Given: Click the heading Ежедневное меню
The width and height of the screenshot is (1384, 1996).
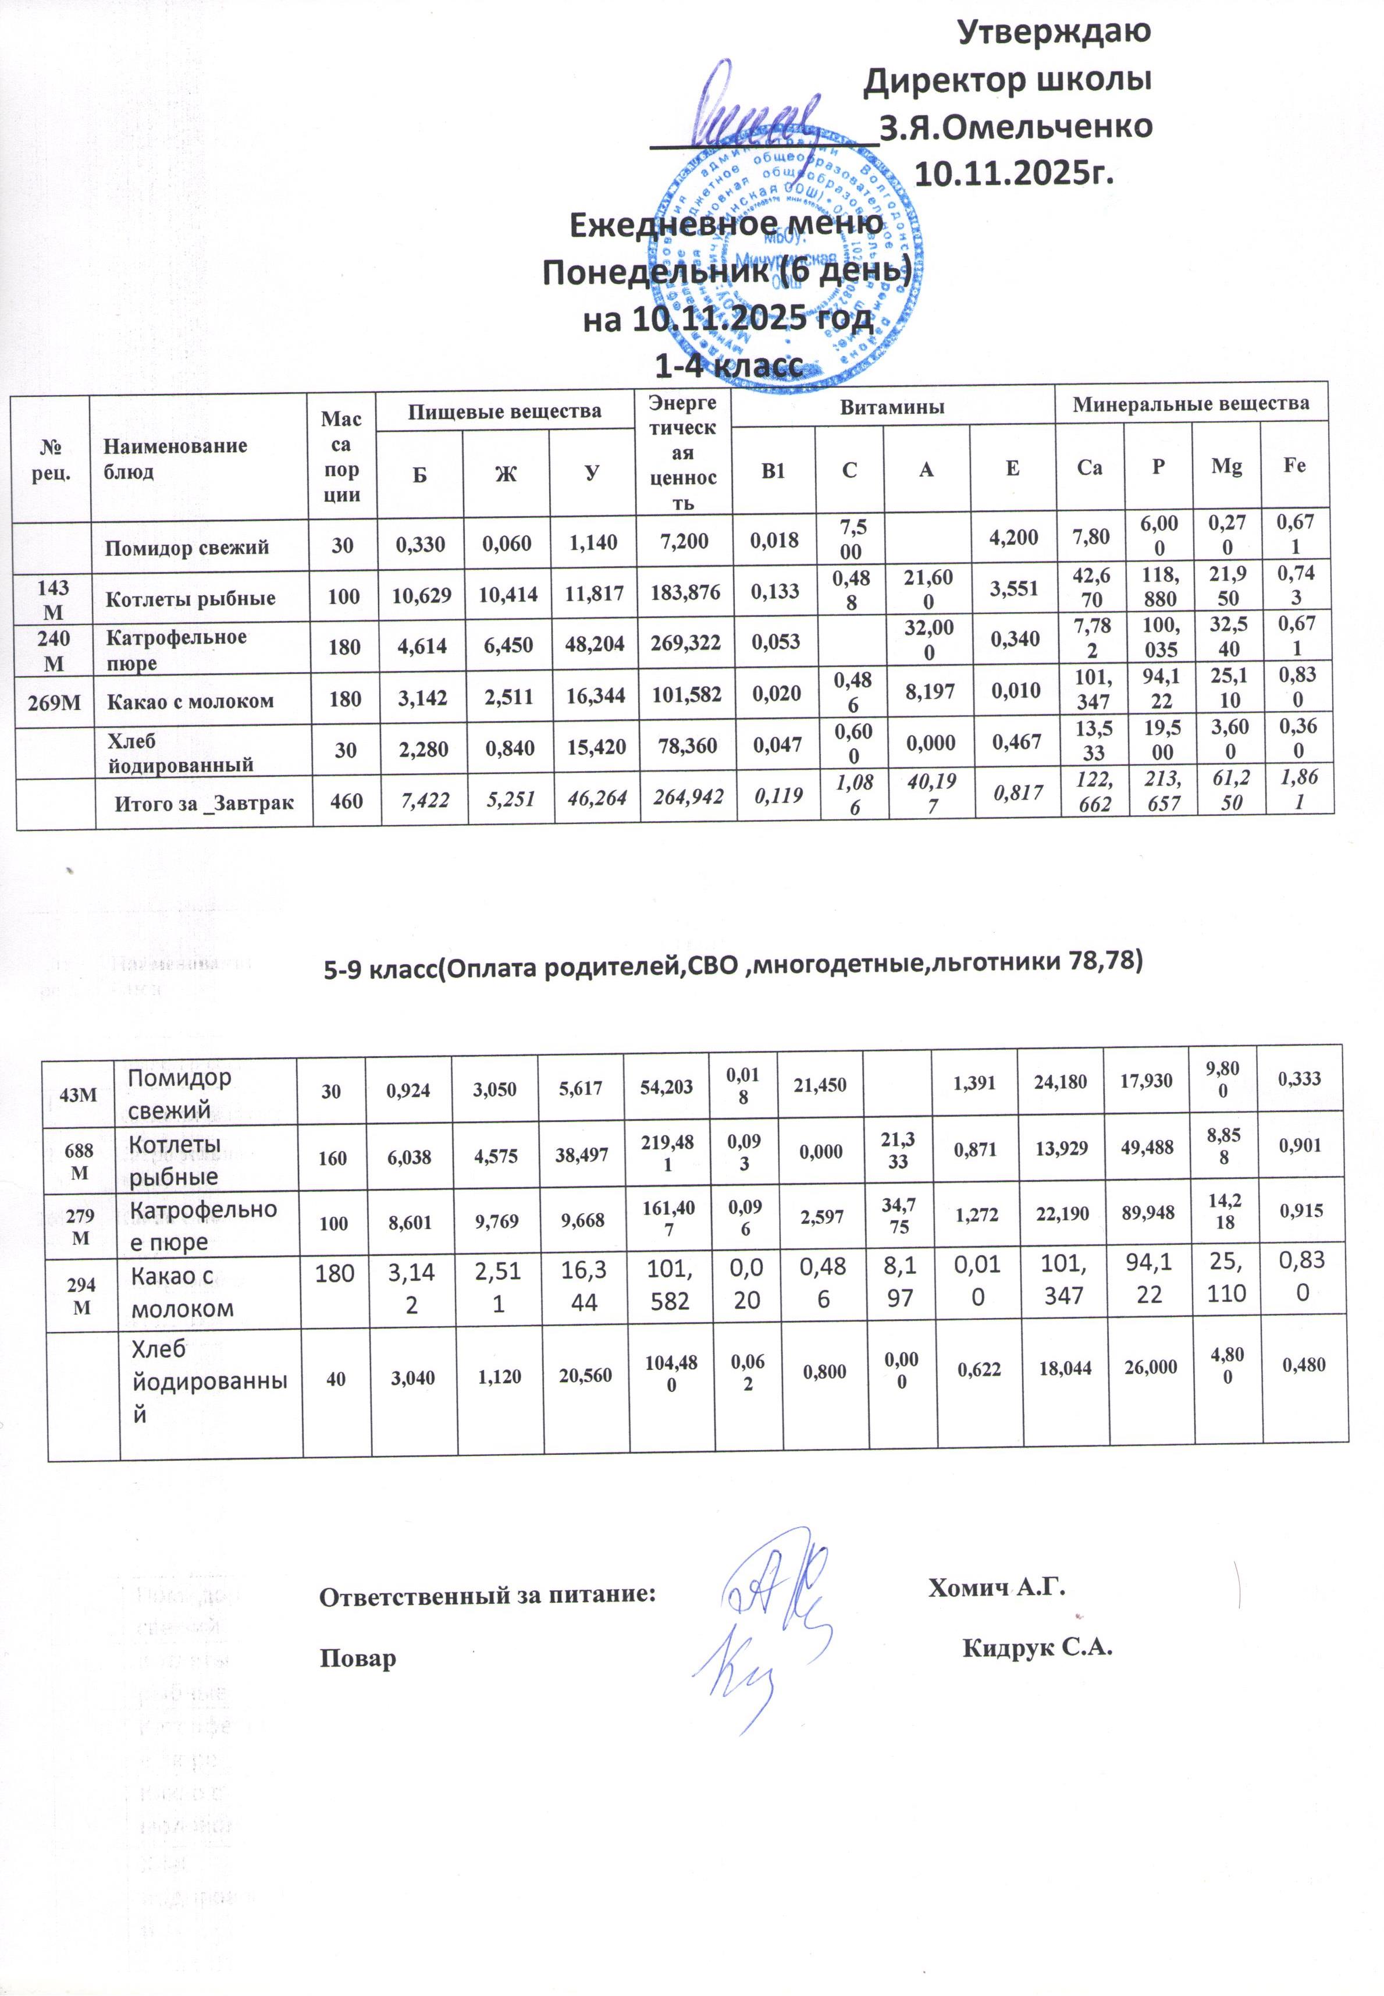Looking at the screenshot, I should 727,224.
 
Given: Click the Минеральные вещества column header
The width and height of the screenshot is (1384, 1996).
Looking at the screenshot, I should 1191,403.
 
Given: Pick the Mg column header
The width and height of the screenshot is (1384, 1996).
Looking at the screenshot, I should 1226,467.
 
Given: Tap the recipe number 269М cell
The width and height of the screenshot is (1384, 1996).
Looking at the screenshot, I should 52,701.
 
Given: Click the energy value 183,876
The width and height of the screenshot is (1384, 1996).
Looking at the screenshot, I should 685,595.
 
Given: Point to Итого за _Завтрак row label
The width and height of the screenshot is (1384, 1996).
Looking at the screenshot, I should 205,803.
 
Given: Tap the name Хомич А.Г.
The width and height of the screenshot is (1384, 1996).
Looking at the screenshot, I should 995,1587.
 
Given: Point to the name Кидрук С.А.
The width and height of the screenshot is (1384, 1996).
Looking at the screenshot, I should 1037,1647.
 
